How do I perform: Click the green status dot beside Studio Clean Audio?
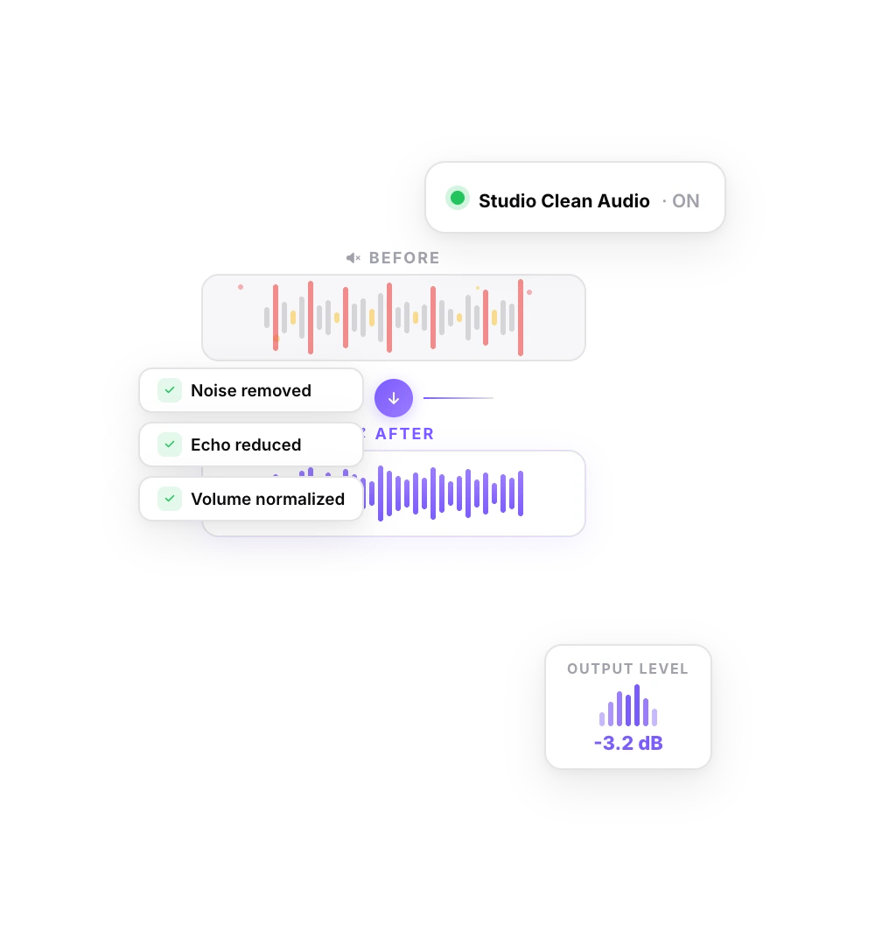tap(457, 199)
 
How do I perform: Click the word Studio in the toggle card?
tap(507, 201)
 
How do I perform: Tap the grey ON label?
tap(685, 201)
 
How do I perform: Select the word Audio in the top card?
tap(623, 201)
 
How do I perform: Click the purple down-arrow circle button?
tap(394, 398)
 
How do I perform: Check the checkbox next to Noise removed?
tap(170, 390)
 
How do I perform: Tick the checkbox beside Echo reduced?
tap(170, 444)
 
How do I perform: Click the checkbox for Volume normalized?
tap(170, 499)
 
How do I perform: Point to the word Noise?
tap(213, 390)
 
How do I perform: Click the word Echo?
tap(209, 444)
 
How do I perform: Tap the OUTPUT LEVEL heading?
tap(627, 668)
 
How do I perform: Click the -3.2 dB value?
tap(627, 744)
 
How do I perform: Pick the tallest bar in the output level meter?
tap(637, 705)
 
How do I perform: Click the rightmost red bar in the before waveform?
tap(521, 317)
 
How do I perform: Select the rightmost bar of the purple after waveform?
tap(521, 493)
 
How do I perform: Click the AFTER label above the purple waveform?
tap(404, 434)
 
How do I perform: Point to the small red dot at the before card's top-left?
tap(241, 287)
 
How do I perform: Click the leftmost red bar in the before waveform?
tap(276, 317)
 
